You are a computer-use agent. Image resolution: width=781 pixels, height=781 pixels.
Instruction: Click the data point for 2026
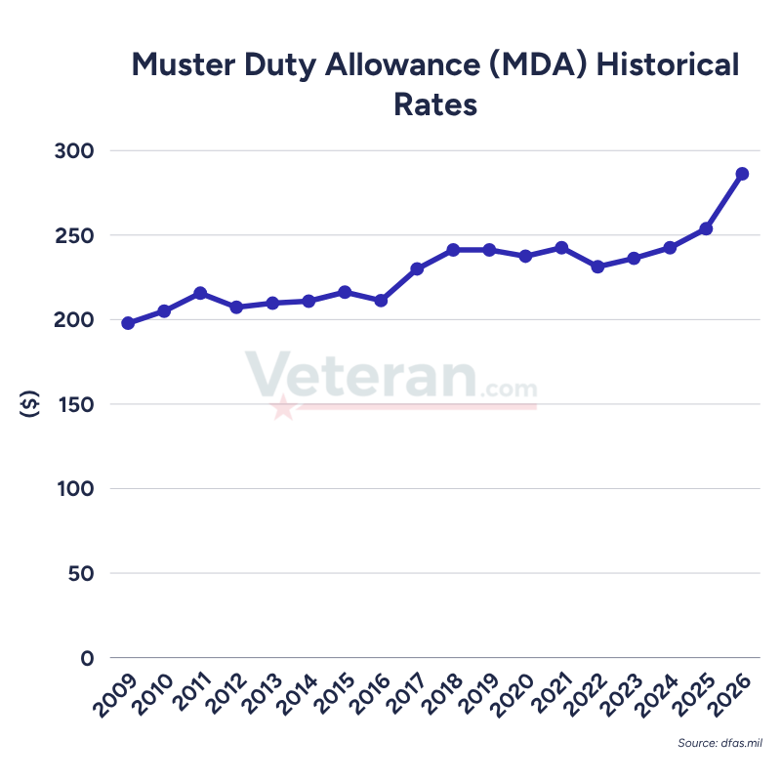pyautogui.click(x=742, y=174)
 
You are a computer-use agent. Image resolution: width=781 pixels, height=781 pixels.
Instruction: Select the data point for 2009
pyautogui.click(x=128, y=323)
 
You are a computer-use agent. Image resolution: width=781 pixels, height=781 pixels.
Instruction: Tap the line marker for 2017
pyautogui.click(x=417, y=268)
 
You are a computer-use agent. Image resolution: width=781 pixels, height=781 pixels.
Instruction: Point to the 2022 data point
pyautogui.click(x=597, y=267)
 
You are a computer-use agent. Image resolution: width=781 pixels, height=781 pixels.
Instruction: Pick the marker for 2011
pyautogui.click(x=200, y=293)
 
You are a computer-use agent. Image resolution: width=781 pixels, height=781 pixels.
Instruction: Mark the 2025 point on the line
pyautogui.click(x=706, y=228)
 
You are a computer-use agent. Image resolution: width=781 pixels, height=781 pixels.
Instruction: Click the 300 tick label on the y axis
pyautogui.click(x=73, y=151)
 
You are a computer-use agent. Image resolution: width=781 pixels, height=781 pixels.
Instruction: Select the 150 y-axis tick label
pyautogui.click(x=73, y=404)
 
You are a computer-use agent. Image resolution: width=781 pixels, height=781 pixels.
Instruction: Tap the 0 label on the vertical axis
pyautogui.click(x=87, y=657)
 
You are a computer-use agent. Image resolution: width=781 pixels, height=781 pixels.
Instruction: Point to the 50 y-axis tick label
pyautogui.click(x=79, y=573)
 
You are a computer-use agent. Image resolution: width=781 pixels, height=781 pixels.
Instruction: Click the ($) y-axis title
pyautogui.click(x=28, y=404)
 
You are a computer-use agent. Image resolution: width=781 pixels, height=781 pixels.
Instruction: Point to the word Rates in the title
pyautogui.click(x=435, y=104)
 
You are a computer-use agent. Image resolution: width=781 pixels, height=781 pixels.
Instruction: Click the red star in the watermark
pyautogui.click(x=283, y=407)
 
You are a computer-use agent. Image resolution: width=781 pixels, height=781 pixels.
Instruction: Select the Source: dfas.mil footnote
pyautogui.click(x=720, y=744)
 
